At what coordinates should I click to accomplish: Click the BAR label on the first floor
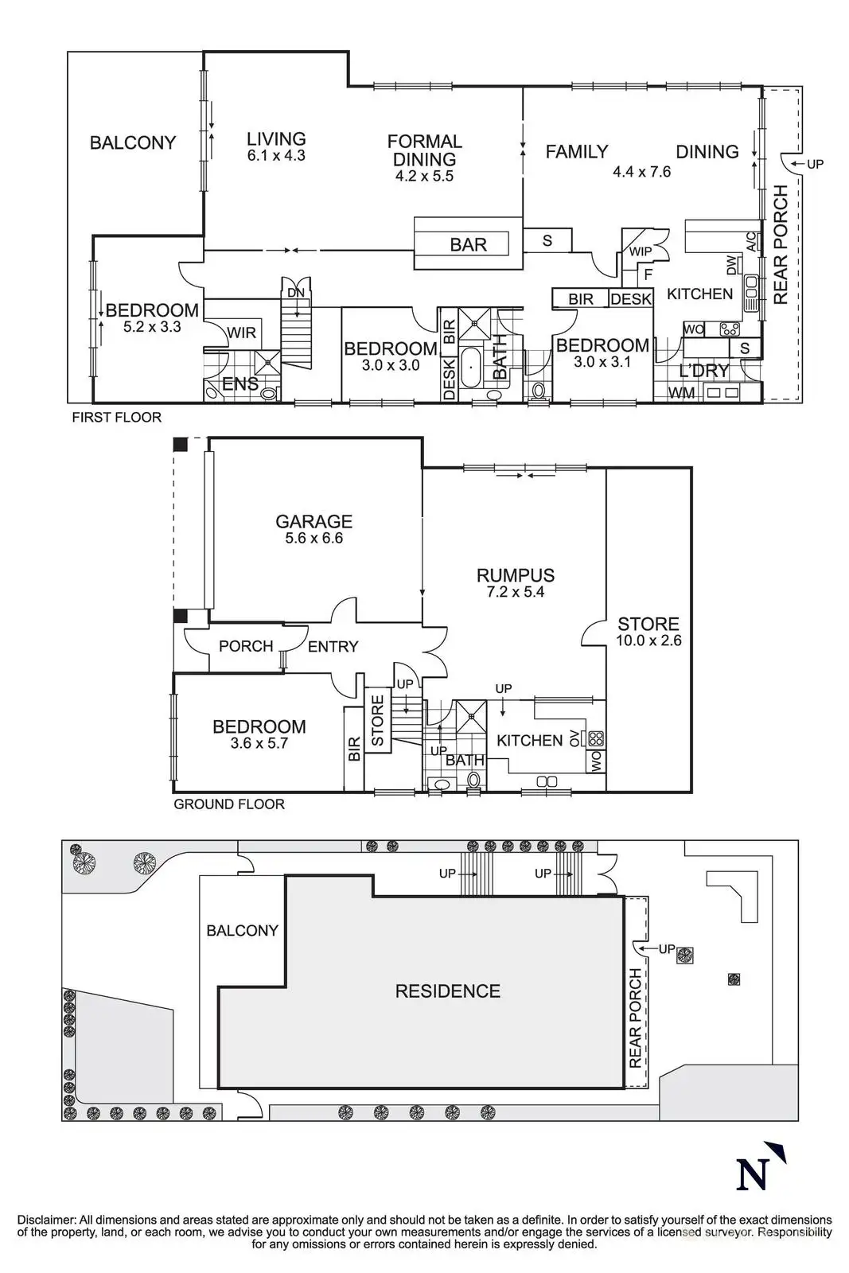click(x=468, y=244)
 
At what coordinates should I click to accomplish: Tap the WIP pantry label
click(x=641, y=251)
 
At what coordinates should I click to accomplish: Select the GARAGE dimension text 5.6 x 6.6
click(x=314, y=538)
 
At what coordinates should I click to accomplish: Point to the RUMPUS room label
click(x=515, y=575)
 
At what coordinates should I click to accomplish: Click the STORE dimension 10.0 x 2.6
click(x=648, y=640)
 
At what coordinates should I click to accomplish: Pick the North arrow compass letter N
click(x=753, y=1174)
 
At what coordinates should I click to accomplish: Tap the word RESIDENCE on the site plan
click(x=448, y=991)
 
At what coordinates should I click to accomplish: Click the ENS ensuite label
click(x=240, y=384)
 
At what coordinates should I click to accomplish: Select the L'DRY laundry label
click(x=703, y=371)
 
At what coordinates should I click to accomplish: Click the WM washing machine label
click(x=681, y=393)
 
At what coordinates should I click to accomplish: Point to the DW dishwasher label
click(x=732, y=264)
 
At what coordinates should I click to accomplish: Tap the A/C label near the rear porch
click(x=751, y=242)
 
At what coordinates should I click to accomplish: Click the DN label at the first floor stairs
click(x=295, y=293)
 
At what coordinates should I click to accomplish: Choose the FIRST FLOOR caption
click(x=116, y=417)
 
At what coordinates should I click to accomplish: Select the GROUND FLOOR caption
click(x=229, y=804)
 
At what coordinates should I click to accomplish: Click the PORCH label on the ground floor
click(x=246, y=646)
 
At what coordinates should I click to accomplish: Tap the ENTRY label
click(x=333, y=646)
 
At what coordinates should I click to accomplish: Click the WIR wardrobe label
click(x=242, y=333)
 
